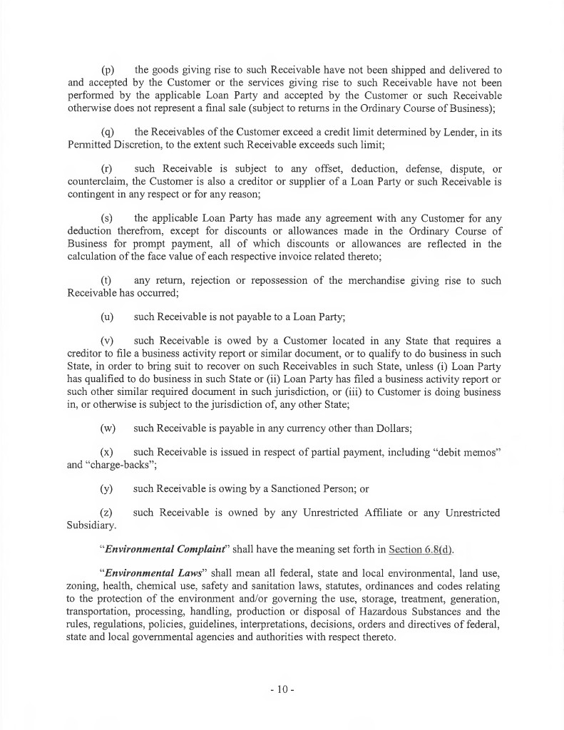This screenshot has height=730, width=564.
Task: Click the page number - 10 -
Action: pyautogui.click(x=282, y=691)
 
